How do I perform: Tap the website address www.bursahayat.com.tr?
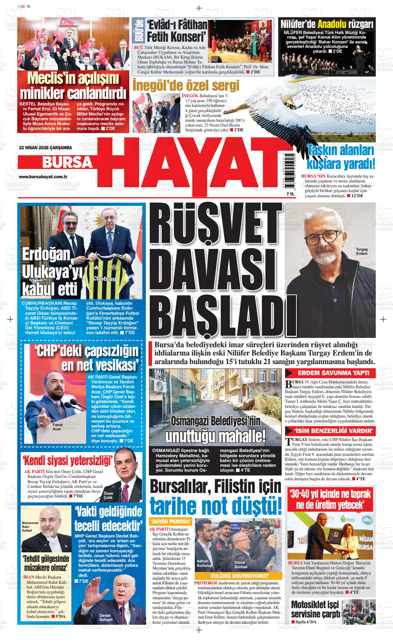[43, 177]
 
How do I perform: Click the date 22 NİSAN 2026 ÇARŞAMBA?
[41, 147]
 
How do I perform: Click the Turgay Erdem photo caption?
[362, 251]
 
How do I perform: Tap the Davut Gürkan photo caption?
[241, 564]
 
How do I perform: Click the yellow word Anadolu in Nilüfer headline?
[332, 24]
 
